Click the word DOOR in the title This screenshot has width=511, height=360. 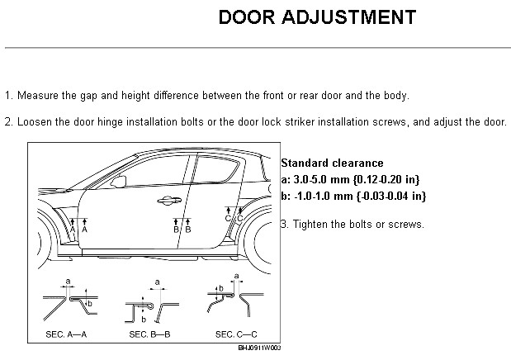(x=247, y=17)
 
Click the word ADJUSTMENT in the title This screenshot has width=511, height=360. (x=348, y=17)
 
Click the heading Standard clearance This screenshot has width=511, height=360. (x=332, y=163)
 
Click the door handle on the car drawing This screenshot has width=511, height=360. (x=169, y=201)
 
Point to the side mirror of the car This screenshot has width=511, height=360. (x=119, y=182)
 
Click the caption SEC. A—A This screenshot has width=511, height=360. (x=66, y=334)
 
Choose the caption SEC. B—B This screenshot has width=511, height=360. (x=149, y=334)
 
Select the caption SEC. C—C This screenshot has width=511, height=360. (x=236, y=334)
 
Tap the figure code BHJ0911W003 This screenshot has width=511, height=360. (x=259, y=348)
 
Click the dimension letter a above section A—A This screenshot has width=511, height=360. (x=68, y=281)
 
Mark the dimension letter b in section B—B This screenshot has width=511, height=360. (x=144, y=320)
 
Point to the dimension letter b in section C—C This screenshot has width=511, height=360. (x=221, y=288)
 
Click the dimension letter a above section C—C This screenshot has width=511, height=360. (x=237, y=277)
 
